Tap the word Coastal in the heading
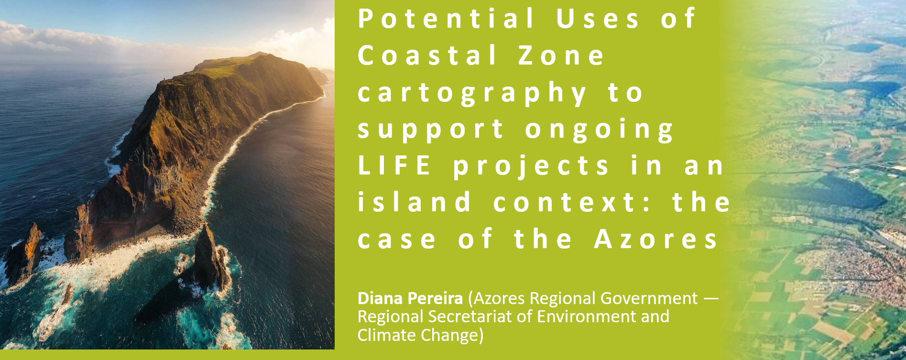tap(427, 55)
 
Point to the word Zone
tap(562, 55)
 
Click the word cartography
tap(472, 94)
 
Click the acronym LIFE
tap(394, 166)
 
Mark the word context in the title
tap(565, 202)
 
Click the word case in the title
tap(397, 240)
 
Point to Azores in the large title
tap(656, 239)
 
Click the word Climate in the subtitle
tap(386, 335)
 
